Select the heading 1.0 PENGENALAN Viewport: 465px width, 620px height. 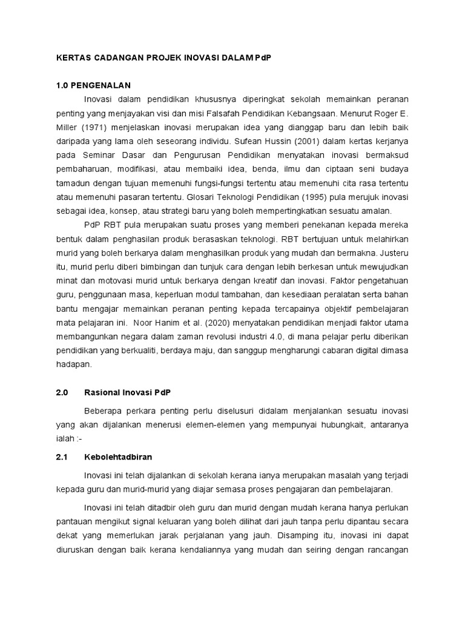(x=93, y=85)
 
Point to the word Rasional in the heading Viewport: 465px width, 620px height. (x=110, y=393)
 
